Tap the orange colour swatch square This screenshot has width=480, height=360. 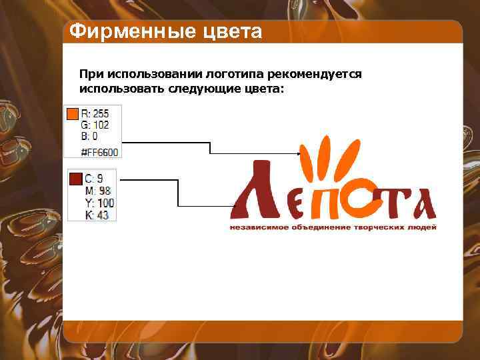coord(73,115)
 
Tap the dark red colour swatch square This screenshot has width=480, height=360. coord(75,179)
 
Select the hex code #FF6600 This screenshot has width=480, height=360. coord(99,153)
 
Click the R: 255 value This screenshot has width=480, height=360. coord(95,114)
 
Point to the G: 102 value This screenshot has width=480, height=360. coord(95,125)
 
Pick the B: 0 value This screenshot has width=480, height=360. coord(89,136)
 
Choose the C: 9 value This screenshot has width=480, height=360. coord(94,179)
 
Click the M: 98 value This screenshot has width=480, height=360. coord(97,191)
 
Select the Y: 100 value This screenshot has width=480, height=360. coord(99,203)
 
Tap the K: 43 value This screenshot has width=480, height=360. coord(97,215)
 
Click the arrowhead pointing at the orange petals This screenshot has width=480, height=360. coord(299,153)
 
